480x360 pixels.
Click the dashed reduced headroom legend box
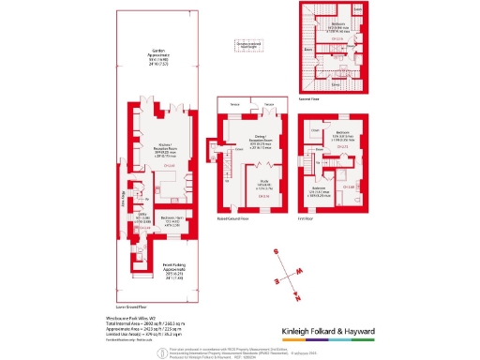[247, 44]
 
